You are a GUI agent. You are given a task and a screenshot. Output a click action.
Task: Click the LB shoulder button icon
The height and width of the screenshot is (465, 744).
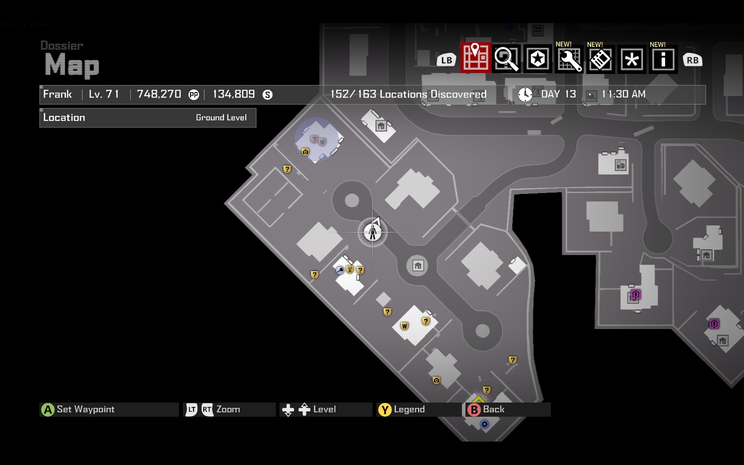[x=446, y=60]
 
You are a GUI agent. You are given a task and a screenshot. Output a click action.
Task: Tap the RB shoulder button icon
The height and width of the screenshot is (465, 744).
[x=693, y=60]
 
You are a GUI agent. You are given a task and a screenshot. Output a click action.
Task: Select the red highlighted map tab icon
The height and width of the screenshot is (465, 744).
[x=476, y=58]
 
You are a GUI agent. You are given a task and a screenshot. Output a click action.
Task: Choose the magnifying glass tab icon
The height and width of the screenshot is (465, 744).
[x=507, y=58]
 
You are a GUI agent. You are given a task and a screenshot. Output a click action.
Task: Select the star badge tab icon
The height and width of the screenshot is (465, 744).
[x=538, y=58]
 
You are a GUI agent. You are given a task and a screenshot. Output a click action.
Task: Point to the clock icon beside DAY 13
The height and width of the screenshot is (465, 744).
[x=525, y=94]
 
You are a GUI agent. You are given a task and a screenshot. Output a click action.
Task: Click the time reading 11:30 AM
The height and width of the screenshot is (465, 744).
[x=623, y=94]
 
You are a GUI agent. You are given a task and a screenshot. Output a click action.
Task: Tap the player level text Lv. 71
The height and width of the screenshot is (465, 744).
[x=104, y=94]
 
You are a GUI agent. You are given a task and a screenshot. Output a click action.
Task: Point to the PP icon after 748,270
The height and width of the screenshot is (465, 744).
[x=194, y=94]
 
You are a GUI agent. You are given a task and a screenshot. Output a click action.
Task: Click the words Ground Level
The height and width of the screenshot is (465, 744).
[x=221, y=117]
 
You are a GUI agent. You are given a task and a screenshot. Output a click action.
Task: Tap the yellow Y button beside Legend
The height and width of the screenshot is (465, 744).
[x=385, y=410]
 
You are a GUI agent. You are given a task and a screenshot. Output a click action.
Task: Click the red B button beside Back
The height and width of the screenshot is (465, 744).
[x=474, y=410]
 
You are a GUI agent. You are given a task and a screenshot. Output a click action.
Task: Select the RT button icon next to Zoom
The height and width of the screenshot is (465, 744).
[x=207, y=410]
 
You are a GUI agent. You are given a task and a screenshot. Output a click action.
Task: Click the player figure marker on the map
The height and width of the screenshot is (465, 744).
[x=372, y=232]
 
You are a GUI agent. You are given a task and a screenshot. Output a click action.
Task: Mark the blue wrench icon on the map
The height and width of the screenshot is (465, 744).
[x=340, y=270]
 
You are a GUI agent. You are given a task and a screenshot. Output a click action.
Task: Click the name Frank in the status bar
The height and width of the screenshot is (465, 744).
[x=58, y=94]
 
